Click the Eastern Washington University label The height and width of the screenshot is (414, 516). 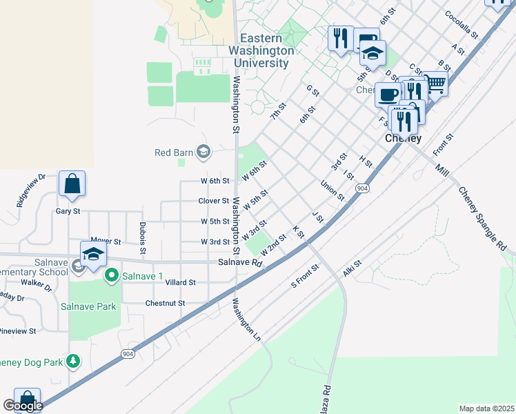point(264,51)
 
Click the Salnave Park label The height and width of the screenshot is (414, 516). point(88,306)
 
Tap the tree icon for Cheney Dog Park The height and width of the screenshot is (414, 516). point(72,362)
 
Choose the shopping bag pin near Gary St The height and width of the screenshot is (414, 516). point(72,184)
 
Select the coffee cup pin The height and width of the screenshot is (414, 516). point(387,94)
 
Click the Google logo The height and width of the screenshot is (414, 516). point(22,406)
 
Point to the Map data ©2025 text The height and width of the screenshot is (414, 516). point(486,408)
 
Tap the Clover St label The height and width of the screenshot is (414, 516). point(213,201)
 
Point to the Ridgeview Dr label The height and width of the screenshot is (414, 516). point(31,190)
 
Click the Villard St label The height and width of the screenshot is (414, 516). point(180,282)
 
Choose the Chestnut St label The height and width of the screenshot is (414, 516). point(165,303)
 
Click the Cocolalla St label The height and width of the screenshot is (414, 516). point(466,23)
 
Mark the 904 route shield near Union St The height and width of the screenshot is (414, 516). point(361,188)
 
